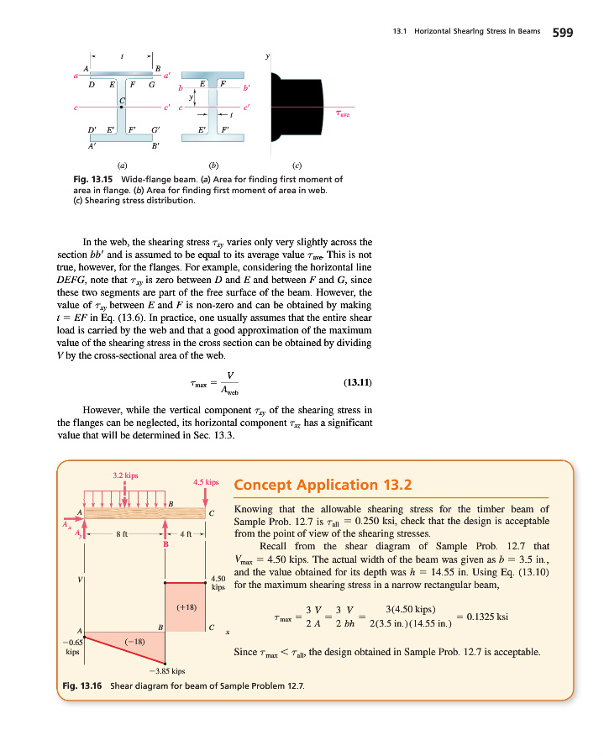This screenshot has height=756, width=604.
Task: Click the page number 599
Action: [x=562, y=33]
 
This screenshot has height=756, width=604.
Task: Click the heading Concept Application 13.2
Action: [x=323, y=485]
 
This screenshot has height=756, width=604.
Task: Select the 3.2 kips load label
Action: [x=125, y=475]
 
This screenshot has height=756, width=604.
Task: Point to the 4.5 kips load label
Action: [x=206, y=483]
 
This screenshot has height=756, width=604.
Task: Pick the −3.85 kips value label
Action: [x=166, y=671]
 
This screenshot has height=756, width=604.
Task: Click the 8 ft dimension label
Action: [x=122, y=534]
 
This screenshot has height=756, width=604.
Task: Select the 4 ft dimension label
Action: [x=187, y=534]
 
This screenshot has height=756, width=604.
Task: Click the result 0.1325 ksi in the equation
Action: [x=487, y=616]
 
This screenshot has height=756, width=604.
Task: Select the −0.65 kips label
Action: [x=72, y=645]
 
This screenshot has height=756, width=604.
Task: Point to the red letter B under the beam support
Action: [x=165, y=545]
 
